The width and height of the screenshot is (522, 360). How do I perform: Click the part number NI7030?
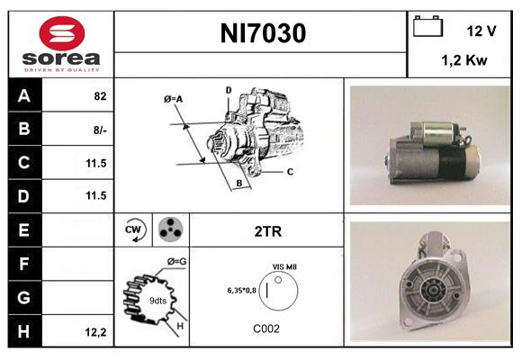click(263, 34)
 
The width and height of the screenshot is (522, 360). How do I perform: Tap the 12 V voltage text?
click(481, 31)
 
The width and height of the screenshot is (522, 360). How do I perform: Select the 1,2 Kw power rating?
click(463, 61)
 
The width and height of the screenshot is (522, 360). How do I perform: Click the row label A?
click(23, 95)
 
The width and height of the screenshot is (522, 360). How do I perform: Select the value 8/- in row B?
click(99, 130)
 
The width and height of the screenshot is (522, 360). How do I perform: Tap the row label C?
click(23, 163)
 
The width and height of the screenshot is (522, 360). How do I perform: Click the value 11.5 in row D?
click(95, 196)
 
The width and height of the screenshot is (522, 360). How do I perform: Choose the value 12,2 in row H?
click(96, 332)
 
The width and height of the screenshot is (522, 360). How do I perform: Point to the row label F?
click(23, 265)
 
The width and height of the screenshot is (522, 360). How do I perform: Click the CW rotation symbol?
click(134, 231)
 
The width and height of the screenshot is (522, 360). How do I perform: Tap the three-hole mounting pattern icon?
click(169, 230)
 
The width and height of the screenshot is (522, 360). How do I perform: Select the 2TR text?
click(268, 231)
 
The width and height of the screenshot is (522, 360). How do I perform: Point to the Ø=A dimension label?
click(174, 98)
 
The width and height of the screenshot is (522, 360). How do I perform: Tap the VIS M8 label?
click(284, 267)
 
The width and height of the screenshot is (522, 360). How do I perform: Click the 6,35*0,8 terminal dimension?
click(242, 290)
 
